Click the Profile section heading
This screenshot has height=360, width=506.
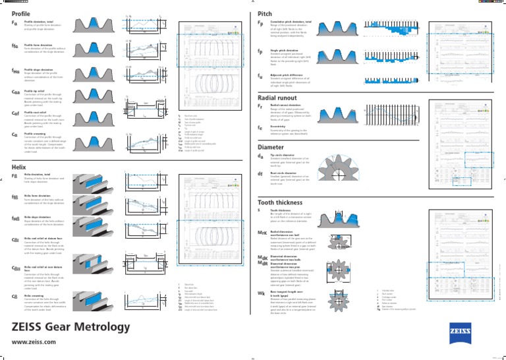point(22,13)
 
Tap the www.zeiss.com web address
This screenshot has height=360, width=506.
point(35,343)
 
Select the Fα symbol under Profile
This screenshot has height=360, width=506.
point(14,22)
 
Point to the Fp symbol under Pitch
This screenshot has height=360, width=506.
point(262,23)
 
